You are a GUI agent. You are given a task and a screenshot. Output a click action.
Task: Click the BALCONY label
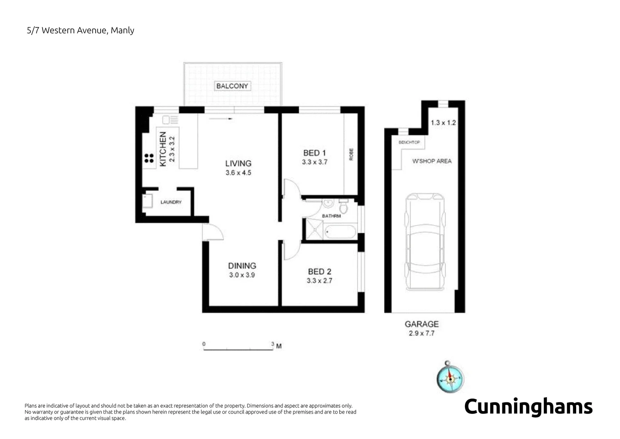click(232, 86)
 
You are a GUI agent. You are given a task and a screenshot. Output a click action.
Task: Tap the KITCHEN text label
click(163, 149)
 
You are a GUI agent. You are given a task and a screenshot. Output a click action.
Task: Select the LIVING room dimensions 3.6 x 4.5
click(238, 173)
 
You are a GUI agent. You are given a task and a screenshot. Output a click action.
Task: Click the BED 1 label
click(314, 153)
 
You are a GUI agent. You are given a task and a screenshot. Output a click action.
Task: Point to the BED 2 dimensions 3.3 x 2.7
click(319, 280)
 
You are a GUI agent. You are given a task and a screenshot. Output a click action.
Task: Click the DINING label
click(242, 265)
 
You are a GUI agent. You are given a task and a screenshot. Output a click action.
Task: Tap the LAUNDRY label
click(171, 202)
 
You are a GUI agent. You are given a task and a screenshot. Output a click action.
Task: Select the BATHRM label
click(331, 216)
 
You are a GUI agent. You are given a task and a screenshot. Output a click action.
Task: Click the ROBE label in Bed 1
click(351, 154)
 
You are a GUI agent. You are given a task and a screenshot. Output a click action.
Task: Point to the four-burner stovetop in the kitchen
click(149, 158)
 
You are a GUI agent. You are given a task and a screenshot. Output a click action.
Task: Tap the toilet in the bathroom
click(343, 207)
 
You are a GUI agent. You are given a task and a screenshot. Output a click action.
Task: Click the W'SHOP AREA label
click(432, 161)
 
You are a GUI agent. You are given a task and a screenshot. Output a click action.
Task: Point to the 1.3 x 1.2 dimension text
click(443, 122)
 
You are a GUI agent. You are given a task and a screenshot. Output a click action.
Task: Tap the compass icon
click(450, 378)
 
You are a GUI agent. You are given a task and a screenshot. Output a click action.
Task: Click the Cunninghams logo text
click(528, 407)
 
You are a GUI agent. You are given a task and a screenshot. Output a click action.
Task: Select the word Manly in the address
click(122, 30)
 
